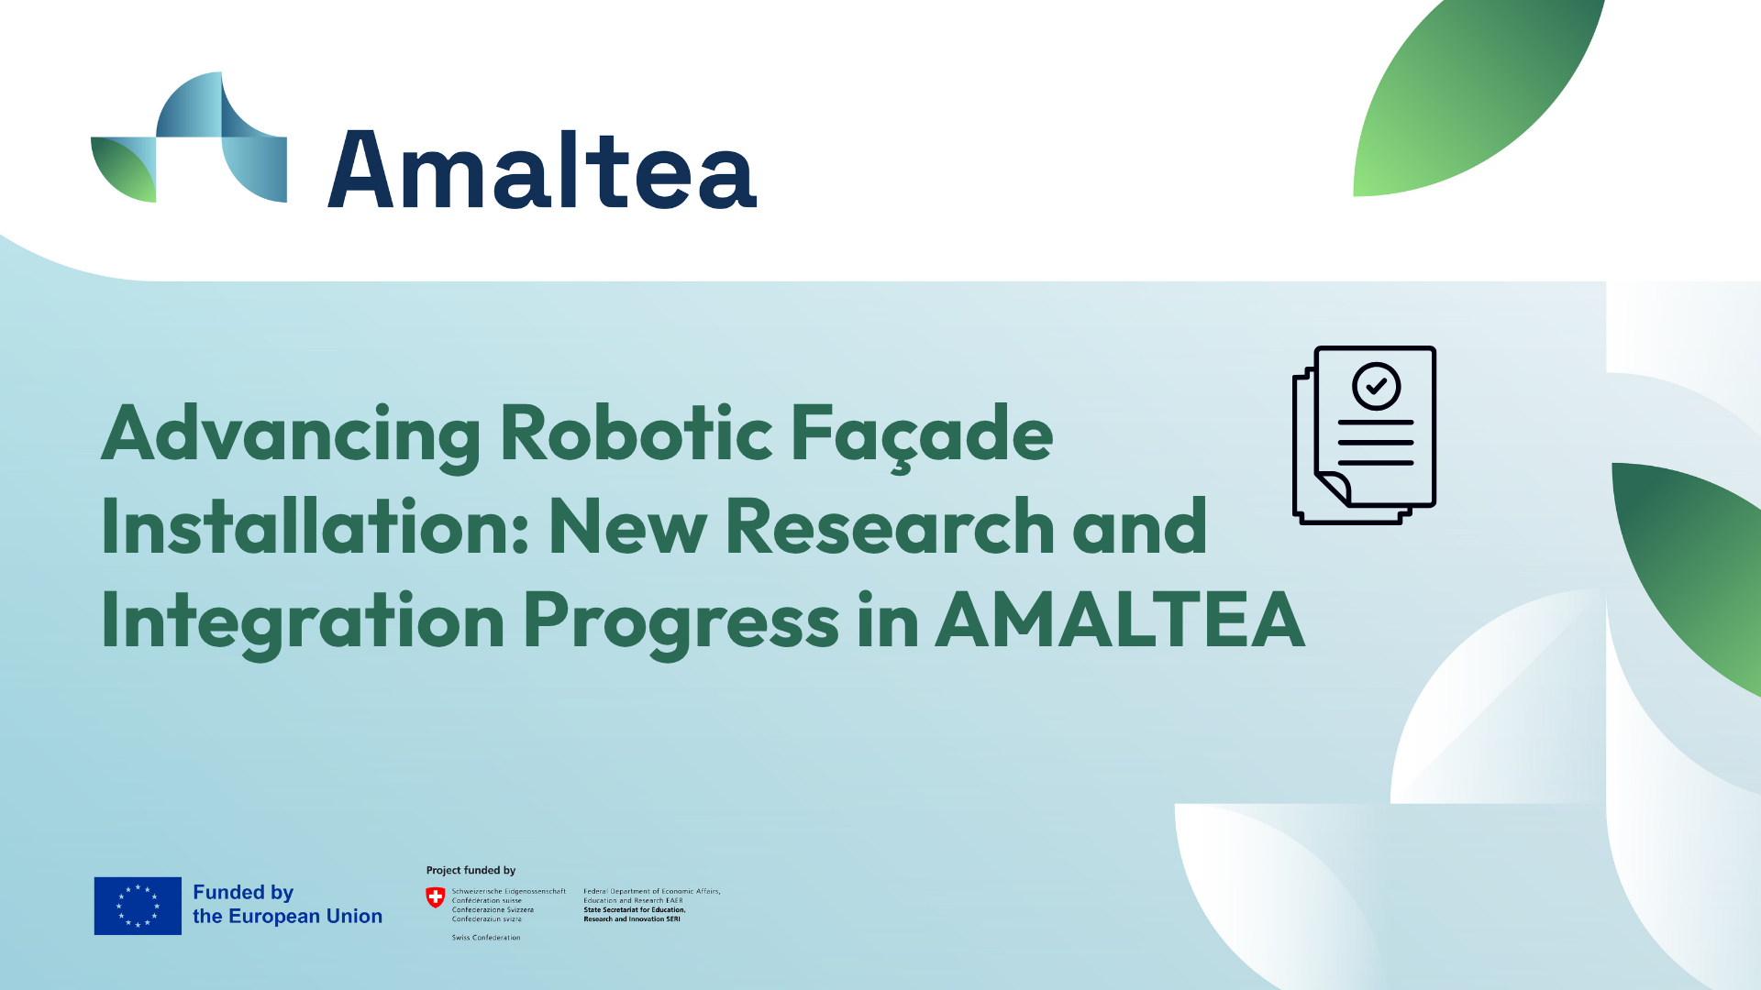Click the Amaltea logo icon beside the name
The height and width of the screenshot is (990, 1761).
[189, 137]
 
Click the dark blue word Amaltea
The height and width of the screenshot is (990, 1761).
[542, 170]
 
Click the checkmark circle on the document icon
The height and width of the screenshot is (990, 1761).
[1376, 386]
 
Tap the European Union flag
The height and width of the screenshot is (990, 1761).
[138, 906]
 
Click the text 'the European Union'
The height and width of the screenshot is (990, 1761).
[287, 917]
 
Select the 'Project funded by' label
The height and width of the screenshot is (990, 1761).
[471, 870]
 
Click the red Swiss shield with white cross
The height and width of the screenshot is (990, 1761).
[436, 897]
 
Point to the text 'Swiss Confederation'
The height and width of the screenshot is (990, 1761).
[486, 938]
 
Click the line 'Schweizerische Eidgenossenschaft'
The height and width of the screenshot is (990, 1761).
[508, 891]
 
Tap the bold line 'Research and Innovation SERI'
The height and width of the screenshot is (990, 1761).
[632, 918]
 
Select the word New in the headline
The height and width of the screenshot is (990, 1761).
[627, 527]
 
